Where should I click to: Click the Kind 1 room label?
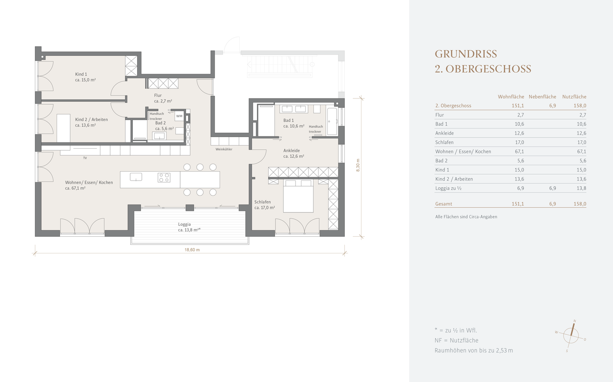(x=81, y=75)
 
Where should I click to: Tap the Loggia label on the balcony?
(x=184, y=224)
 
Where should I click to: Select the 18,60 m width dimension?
(x=192, y=250)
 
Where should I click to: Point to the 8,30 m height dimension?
(x=358, y=165)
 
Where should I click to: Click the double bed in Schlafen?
(x=298, y=195)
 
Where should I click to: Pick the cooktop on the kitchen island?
(x=164, y=177)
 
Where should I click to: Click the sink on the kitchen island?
(x=136, y=177)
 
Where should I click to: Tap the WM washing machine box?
(x=179, y=116)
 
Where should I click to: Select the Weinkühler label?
(x=224, y=149)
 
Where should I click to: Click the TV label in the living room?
(x=85, y=158)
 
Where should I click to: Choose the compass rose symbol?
(x=571, y=335)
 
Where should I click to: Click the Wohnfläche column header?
(x=511, y=97)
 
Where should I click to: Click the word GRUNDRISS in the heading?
(x=466, y=54)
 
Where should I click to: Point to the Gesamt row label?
(x=444, y=204)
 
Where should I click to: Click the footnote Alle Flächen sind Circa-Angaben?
(x=466, y=217)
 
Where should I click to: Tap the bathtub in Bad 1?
(x=332, y=121)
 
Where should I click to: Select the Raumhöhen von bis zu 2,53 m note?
(x=473, y=350)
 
